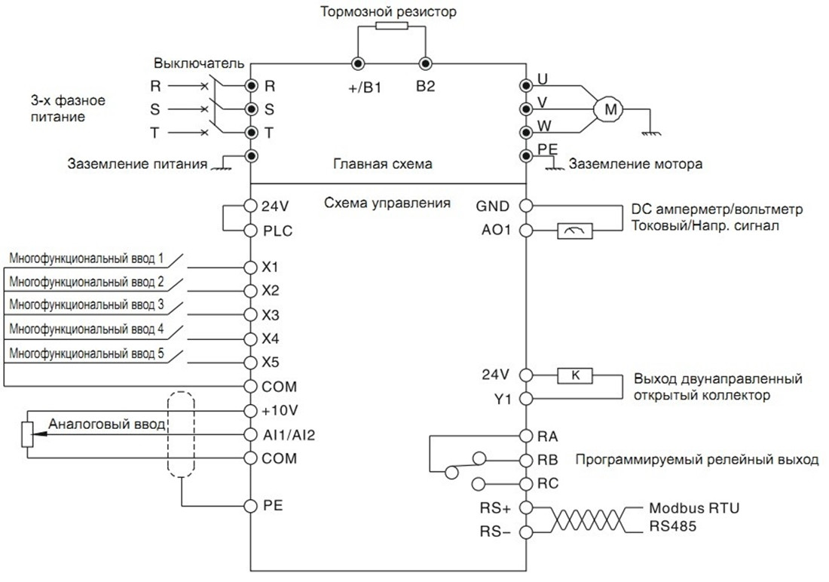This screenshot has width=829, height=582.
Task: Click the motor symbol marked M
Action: tap(611, 110)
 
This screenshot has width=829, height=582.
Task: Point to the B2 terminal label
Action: tap(426, 87)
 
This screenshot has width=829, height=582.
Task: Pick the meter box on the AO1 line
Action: tap(575, 231)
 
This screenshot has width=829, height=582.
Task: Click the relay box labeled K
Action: tap(575, 374)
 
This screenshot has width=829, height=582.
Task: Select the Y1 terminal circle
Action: tap(526, 398)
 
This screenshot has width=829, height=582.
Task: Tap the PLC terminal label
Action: tap(277, 231)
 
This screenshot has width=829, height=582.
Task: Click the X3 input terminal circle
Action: tap(250, 314)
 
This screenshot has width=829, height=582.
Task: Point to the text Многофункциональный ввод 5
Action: tap(87, 352)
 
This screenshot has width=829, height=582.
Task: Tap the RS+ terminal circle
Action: tap(526, 508)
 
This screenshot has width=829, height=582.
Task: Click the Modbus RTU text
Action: tap(693, 508)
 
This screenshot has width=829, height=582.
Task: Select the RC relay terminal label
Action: tap(549, 483)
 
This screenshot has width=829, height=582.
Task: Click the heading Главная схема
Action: tap(383, 164)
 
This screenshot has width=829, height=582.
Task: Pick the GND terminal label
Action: tap(493, 206)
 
